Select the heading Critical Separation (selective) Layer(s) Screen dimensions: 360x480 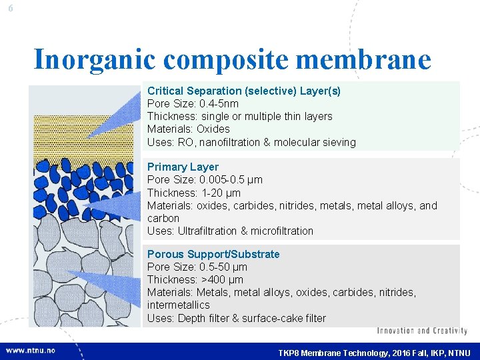(x=243, y=91)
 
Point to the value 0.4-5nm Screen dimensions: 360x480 (x=219, y=103)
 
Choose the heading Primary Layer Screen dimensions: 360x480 (x=183, y=167)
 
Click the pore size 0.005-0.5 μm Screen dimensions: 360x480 (x=231, y=179)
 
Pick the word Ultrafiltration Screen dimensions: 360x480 (x=207, y=231)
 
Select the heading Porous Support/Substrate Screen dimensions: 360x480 (x=213, y=254)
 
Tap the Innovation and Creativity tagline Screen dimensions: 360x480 (x=422, y=331)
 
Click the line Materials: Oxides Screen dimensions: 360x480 (x=188, y=129)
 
